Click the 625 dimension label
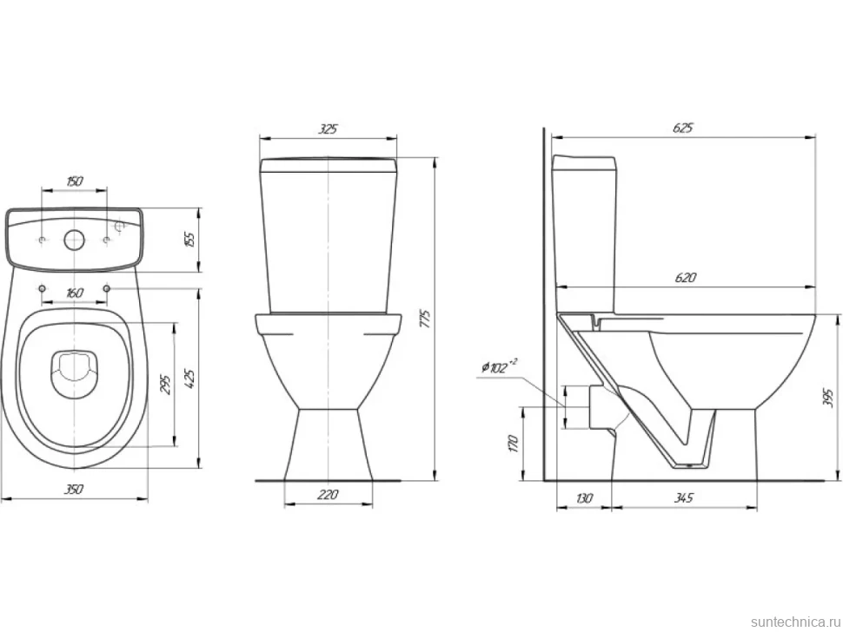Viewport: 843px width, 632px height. (683, 128)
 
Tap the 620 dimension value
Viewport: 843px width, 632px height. (685, 277)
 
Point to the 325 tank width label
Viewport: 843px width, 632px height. (328, 128)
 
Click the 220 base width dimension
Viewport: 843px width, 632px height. (328, 494)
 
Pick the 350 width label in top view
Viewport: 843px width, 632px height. (74, 489)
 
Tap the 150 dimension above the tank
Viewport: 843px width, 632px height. (74, 181)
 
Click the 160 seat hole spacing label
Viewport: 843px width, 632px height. (74, 293)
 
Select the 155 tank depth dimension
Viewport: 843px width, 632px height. (189, 240)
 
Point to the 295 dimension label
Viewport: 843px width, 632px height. (166, 385)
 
